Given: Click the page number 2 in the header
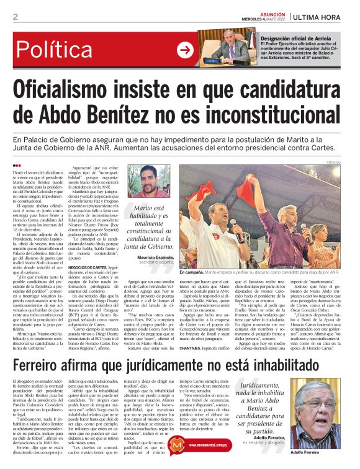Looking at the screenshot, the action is pyautogui.click(x=14, y=17).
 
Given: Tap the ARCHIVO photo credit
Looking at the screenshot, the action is pyautogui.click(x=351, y=162).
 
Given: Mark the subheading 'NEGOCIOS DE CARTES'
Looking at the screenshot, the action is pyautogui.click(x=91, y=267).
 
